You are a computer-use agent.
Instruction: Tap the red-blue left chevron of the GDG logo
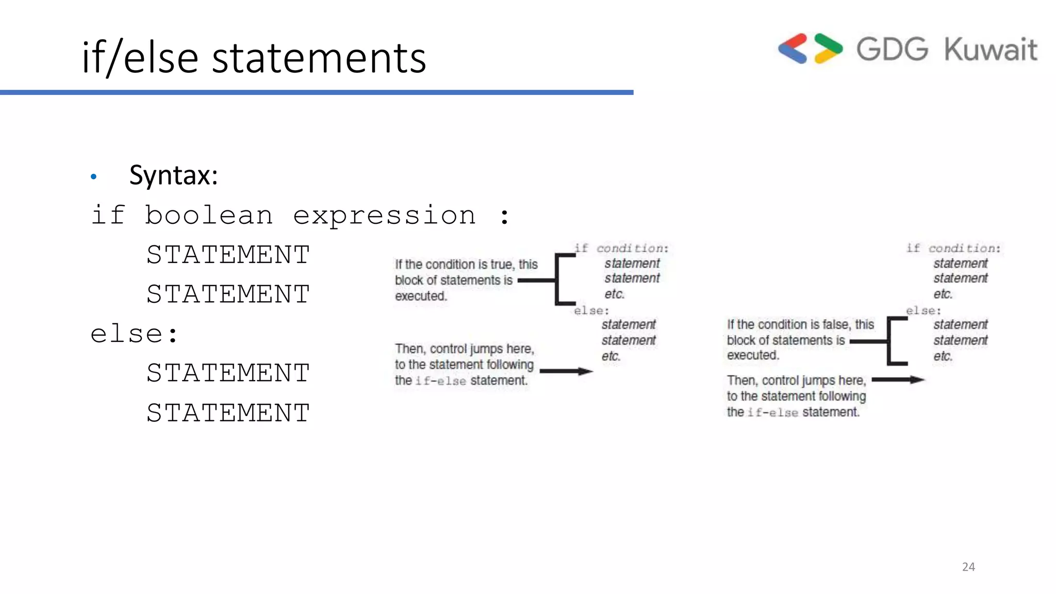tap(793, 48)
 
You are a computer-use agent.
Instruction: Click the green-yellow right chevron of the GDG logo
tap(828, 48)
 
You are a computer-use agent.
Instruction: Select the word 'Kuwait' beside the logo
tap(991, 49)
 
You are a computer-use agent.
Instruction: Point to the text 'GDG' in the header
tap(892, 49)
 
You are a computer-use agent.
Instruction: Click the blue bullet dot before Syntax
tap(93, 177)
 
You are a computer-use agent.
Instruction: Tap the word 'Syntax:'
tap(173, 175)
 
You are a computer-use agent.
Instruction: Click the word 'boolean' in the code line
tap(208, 216)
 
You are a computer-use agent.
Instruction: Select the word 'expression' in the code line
tap(384, 216)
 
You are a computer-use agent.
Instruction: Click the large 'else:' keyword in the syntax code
tap(134, 334)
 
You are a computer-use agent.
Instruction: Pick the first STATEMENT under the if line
tap(228, 255)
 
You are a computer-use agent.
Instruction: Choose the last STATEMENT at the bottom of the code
tap(228, 413)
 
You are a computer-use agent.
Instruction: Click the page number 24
tap(968, 567)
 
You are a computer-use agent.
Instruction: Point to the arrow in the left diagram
tap(566, 371)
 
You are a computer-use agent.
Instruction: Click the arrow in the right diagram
tap(898, 380)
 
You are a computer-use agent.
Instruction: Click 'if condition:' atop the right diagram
tap(953, 249)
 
